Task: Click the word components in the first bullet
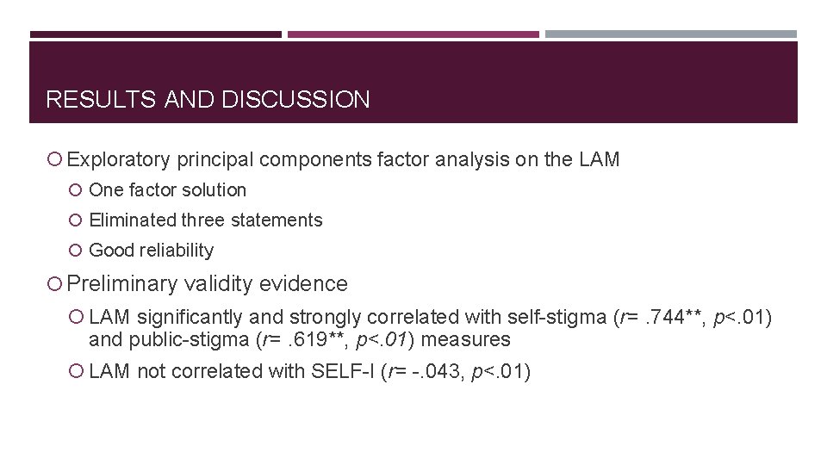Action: (x=315, y=159)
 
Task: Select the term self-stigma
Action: (x=557, y=317)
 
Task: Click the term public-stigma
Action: (x=192, y=340)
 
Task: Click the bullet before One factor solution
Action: (x=78, y=190)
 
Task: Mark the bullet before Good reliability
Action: (x=78, y=251)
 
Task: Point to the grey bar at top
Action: (x=671, y=34)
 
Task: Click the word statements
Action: (x=276, y=220)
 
